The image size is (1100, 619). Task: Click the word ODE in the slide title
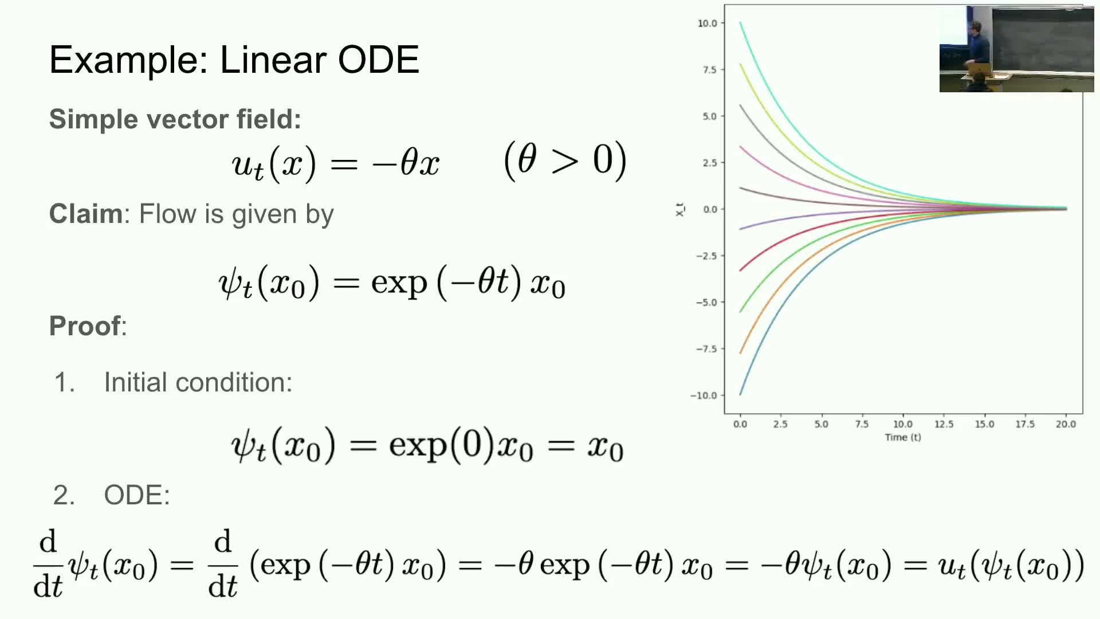click(379, 60)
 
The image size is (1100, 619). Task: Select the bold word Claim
click(85, 214)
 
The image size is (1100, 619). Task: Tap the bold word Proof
click(85, 326)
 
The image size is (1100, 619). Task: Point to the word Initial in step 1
click(136, 382)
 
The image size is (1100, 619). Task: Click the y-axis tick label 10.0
click(708, 23)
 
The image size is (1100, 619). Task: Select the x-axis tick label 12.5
click(944, 424)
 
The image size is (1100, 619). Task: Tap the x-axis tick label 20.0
click(1066, 424)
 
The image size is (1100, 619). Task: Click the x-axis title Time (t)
click(903, 437)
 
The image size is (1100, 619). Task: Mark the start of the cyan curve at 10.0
click(740, 23)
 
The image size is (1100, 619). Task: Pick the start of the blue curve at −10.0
click(740, 394)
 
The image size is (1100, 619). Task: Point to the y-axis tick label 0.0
click(710, 209)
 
